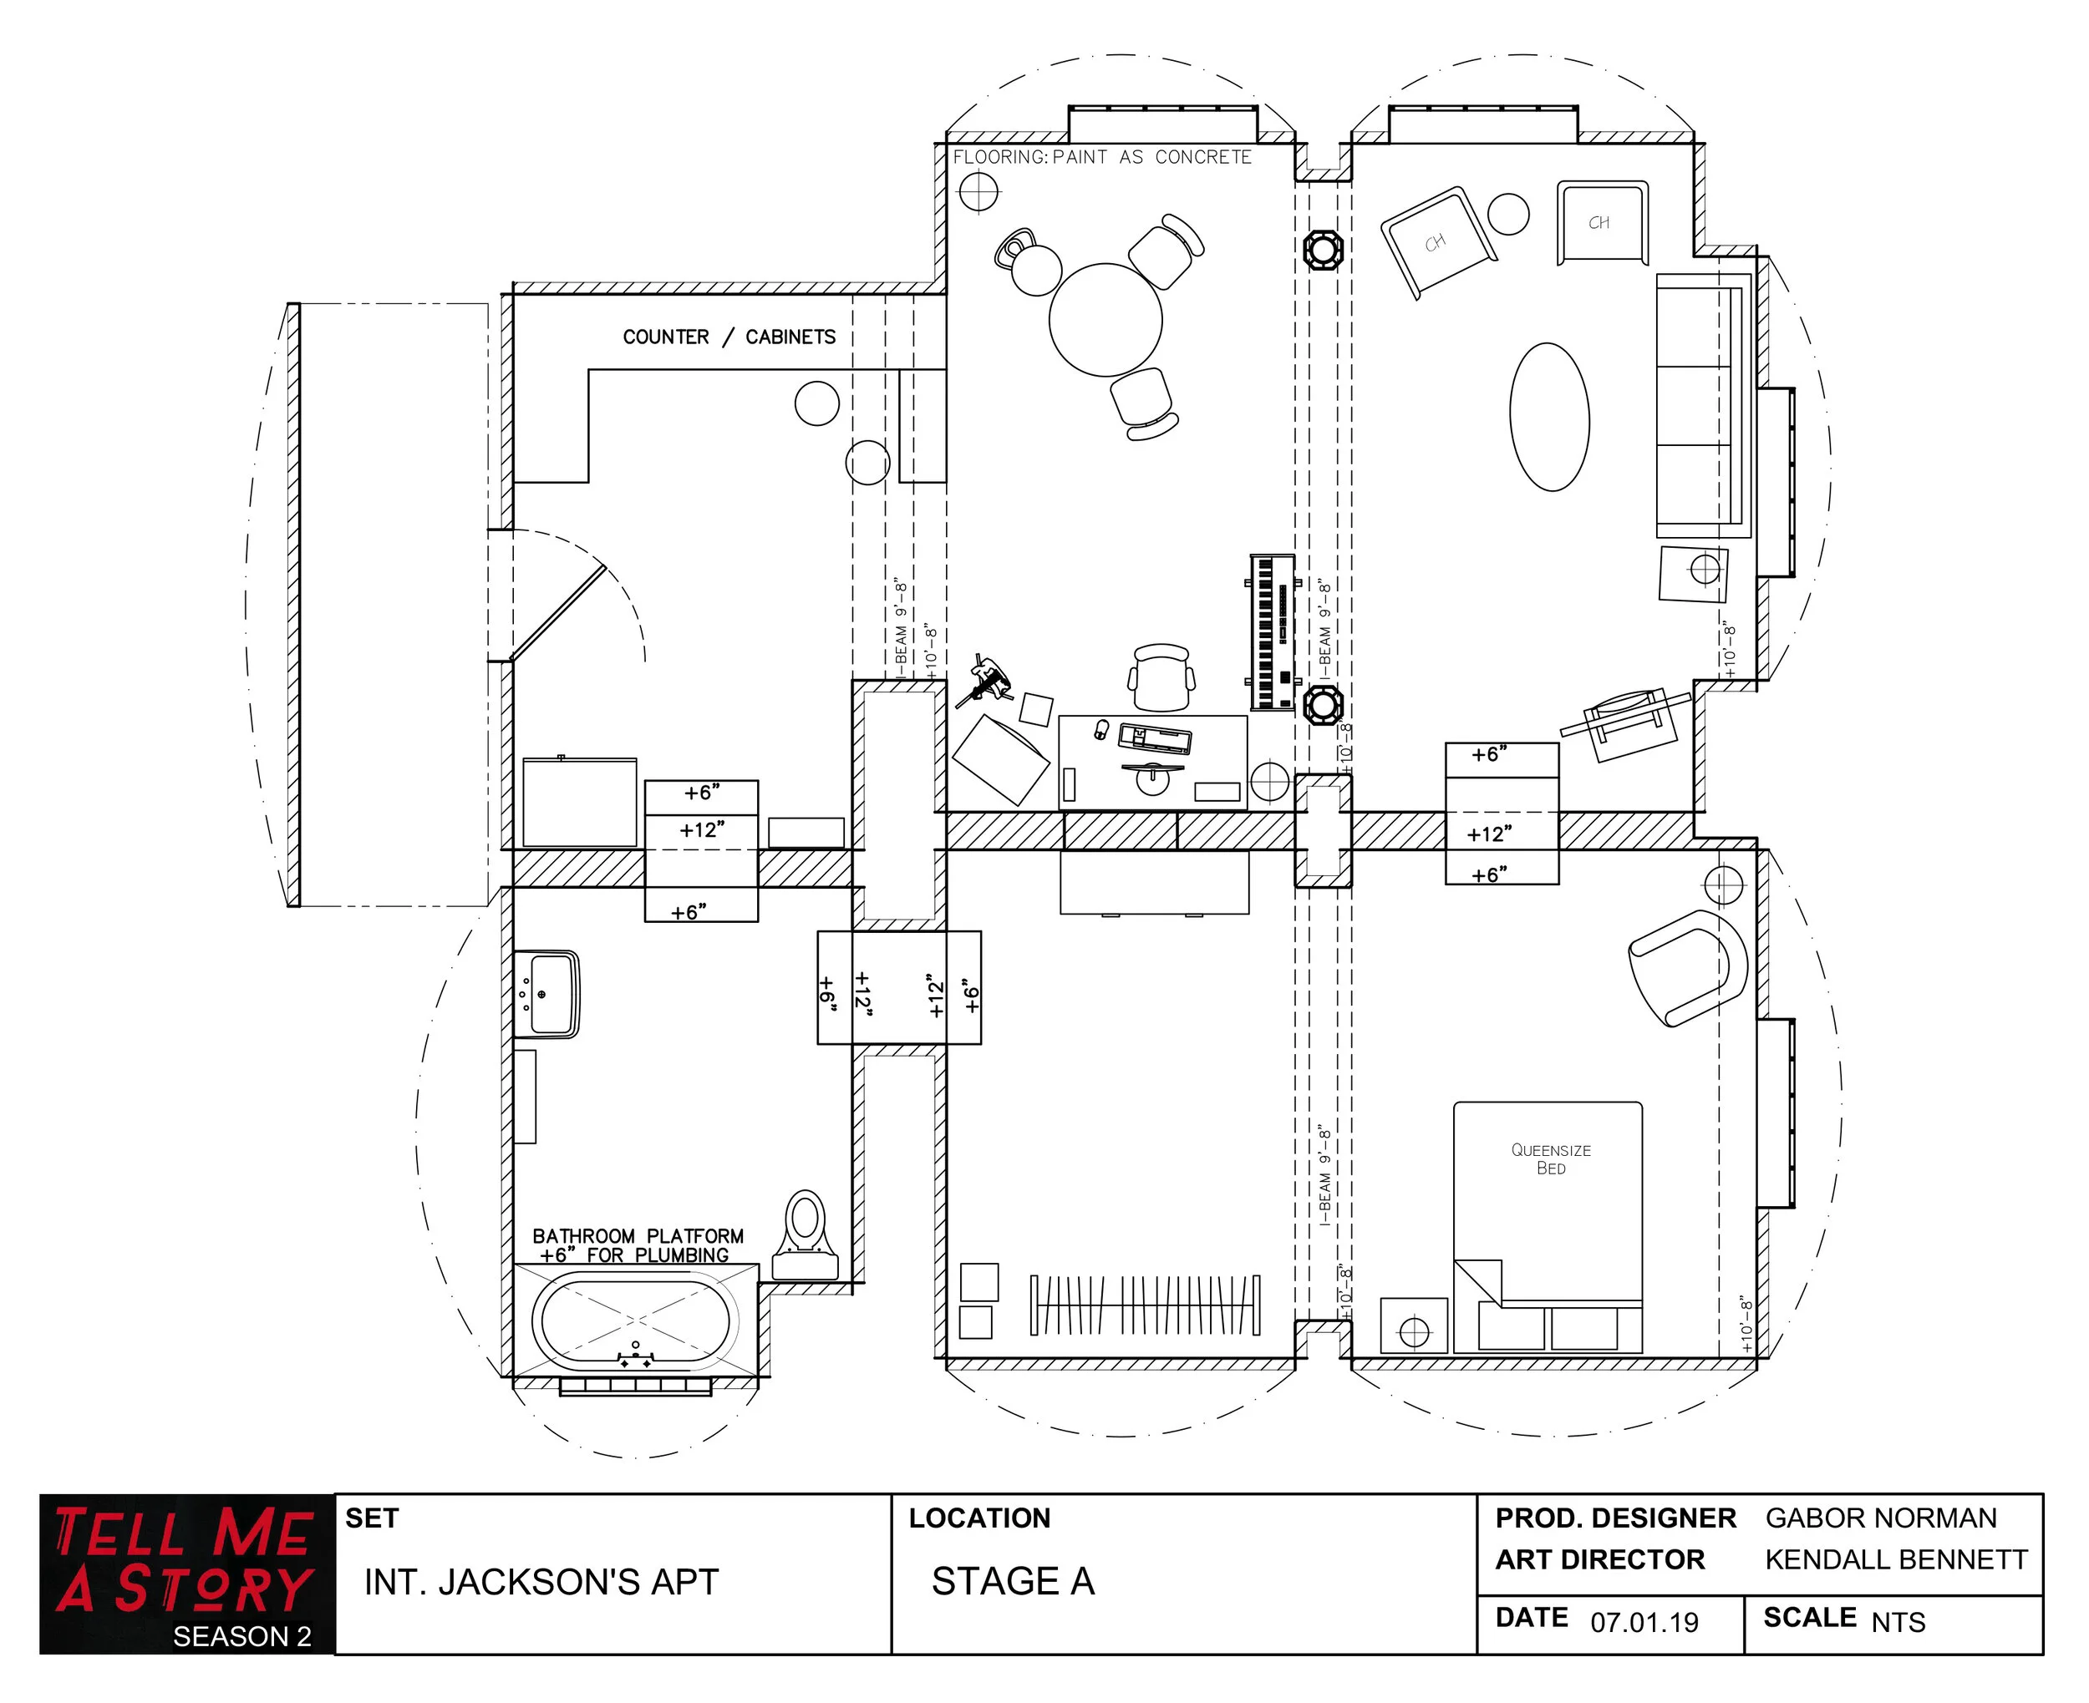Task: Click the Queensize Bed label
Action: [1550, 1158]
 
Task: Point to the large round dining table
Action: [1105, 320]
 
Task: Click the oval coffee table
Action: [1548, 416]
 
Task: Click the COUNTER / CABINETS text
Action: [729, 337]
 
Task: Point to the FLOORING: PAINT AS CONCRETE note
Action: [1102, 157]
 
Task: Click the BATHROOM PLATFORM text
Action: [638, 1236]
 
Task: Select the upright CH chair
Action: [1601, 223]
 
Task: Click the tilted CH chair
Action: [1437, 241]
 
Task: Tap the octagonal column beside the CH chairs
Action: [1323, 249]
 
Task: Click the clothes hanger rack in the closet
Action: [1145, 1305]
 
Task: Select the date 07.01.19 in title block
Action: [1644, 1622]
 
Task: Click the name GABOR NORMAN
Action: [1880, 1518]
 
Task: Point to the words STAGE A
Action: [1013, 1580]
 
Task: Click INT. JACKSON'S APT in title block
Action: [541, 1581]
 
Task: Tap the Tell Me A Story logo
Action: [186, 1573]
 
